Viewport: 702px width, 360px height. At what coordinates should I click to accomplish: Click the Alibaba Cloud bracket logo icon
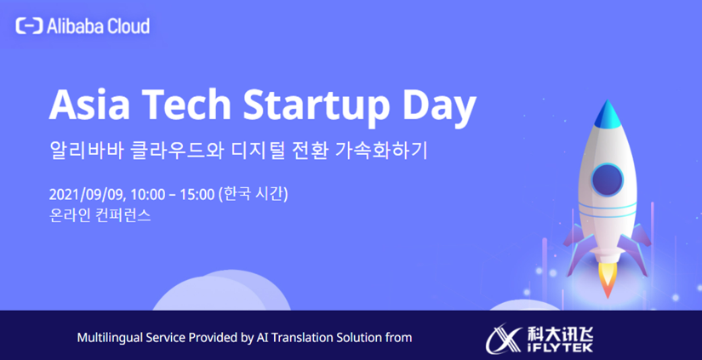click(x=29, y=26)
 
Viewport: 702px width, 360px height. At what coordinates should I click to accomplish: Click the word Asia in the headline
click(x=89, y=104)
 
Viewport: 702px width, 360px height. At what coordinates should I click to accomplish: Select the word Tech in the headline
click(x=186, y=104)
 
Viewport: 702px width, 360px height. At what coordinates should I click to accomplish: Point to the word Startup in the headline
click(x=316, y=107)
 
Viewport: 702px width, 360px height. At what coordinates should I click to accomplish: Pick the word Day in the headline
click(x=439, y=107)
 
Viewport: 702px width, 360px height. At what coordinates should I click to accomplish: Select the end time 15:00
click(x=197, y=194)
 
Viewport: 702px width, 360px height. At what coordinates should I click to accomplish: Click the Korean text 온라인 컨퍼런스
click(x=100, y=215)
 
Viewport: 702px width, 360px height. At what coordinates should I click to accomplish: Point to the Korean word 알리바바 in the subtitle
click(x=86, y=150)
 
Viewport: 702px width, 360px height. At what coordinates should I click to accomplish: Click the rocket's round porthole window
click(x=607, y=180)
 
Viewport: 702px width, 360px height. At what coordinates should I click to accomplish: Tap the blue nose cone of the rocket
click(x=607, y=114)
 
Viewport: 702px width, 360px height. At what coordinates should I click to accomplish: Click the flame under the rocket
click(x=608, y=278)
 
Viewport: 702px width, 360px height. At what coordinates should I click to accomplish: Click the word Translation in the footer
click(x=298, y=337)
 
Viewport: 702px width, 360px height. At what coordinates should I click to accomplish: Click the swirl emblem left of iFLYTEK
click(x=504, y=339)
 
